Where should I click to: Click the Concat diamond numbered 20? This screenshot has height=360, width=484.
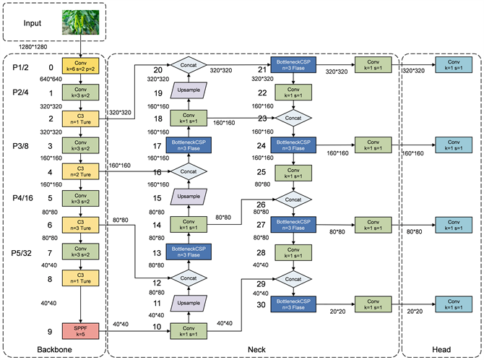[x=189, y=65]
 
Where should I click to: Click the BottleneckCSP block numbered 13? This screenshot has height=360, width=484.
[x=189, y=252]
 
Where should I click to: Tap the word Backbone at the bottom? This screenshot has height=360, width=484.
[x=55, y=351]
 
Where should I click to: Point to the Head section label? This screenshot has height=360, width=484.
[x=440, y=351]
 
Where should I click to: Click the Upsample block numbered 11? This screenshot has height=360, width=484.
[x=189, y=304]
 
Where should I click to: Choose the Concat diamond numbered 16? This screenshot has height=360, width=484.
[x=189, y=171]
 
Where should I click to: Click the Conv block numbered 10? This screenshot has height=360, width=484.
[x=189, y=331]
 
